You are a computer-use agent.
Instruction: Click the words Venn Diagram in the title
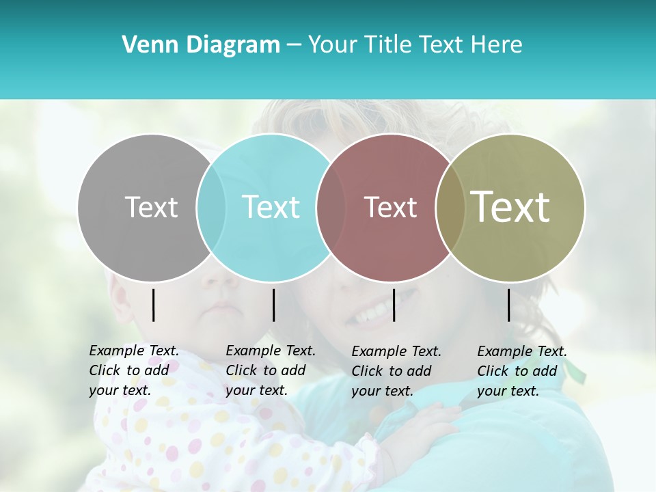201,45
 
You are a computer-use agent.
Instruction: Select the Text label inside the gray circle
151,207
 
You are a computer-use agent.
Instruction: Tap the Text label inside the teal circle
271,207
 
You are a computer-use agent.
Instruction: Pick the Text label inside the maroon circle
390,207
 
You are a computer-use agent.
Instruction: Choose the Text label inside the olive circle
510,207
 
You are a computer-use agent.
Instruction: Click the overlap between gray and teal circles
211,208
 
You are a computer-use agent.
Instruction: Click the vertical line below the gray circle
153,305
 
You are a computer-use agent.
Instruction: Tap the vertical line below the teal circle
273,305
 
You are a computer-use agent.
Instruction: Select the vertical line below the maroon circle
394,305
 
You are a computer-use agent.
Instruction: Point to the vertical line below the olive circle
508,305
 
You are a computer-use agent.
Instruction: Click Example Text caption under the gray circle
133,370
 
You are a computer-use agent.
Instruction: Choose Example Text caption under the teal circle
270,370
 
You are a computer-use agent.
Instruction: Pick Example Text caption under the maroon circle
396,371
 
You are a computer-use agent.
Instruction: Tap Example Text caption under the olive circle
521,371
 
